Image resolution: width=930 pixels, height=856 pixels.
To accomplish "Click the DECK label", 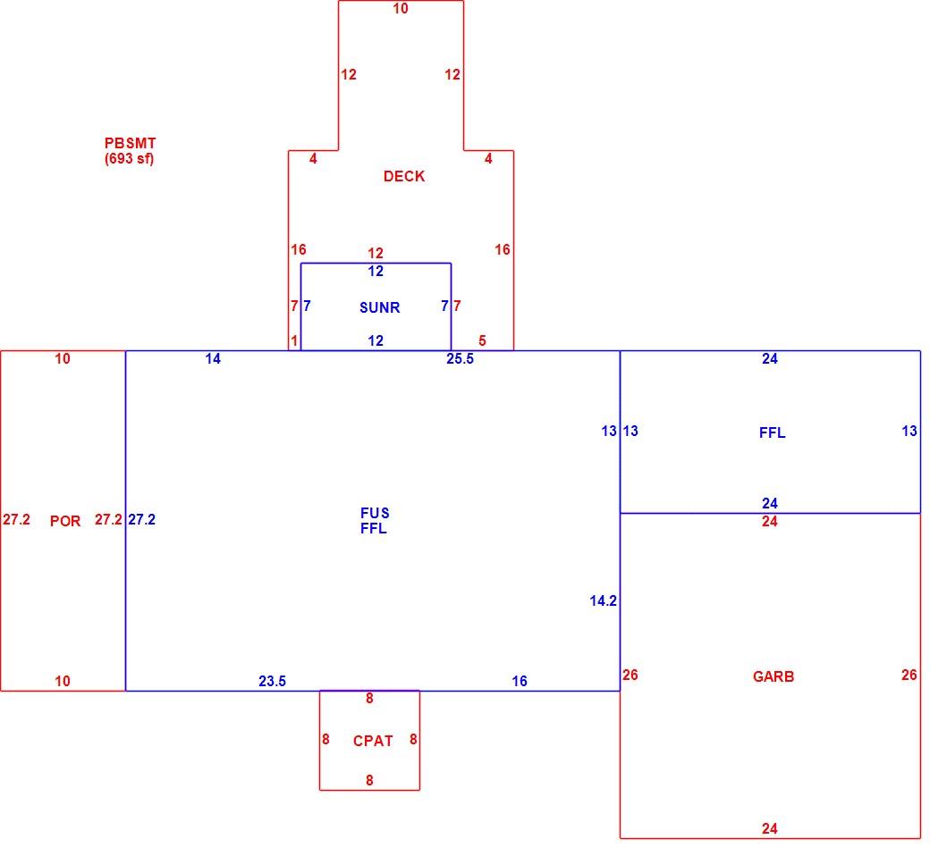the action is pyautogui.click(x=404, y=176).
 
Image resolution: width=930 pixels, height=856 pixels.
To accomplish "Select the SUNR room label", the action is pyautogui.click(x=379, y=307).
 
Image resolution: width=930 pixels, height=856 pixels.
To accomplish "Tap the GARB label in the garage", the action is pyautogui.click(x=773, y=676).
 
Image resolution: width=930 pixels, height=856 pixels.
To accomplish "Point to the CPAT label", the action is pyautogui.click(x=373, y=741).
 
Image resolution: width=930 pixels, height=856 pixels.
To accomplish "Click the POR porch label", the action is pyautogui.click(x=65, y=520).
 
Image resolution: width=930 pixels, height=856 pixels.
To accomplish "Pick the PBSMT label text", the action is pyautogui.click(x=130, y=143).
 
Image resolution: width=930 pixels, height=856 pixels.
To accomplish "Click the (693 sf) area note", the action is pyautogui.click(x=130, y=158).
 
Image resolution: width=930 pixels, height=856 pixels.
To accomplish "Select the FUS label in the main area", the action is pyautogui.click(x=375, y=513).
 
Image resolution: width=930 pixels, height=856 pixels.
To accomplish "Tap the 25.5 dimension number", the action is pyautogui.click(x=460, y=358).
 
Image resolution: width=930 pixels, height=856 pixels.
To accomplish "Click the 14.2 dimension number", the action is pyautogui.click(x=604, y=600).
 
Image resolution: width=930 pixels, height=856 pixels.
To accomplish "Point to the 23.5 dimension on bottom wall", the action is pyautogui.click(x=272, y=681).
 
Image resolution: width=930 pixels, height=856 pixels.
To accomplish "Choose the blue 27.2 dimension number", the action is pyautogui.click(x=142, y=519).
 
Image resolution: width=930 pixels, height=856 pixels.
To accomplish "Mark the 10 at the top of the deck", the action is pyautogui.click(x=401, y=8).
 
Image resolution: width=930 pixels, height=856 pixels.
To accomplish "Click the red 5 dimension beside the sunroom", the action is pyautogui.click(x=482, y=340).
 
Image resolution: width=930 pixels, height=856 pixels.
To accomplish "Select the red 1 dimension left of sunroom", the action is pyautogui.click(x=294, y=340).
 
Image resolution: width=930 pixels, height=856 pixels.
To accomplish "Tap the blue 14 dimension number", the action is pyautogui.click(x=213, y=358).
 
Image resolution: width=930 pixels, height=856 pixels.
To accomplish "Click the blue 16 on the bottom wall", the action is pyautogui.click(x=520, y=681).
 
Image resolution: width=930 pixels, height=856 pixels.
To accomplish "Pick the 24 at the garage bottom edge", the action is pyautogui.click(x=770, y=828).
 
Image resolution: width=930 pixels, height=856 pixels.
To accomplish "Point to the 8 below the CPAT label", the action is pyautogui.click(x=369, y=780).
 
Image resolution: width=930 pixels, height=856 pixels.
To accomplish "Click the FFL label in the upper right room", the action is pyautogui.click(x=773, y=432).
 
